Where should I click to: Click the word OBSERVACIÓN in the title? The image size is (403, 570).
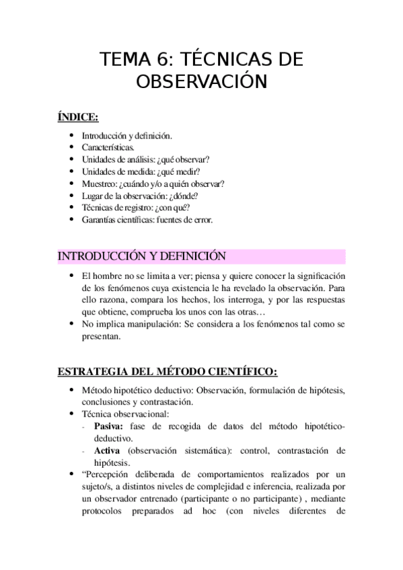[201, 82]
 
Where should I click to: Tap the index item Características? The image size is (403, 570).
[108, 147]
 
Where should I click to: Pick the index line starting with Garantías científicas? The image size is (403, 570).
[147, 219]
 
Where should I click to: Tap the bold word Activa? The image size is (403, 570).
[108, 450]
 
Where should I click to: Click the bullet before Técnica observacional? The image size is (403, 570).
[71, 414]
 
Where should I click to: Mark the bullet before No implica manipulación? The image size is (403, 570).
[71, 324]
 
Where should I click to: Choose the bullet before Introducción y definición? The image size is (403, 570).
[71, 135]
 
